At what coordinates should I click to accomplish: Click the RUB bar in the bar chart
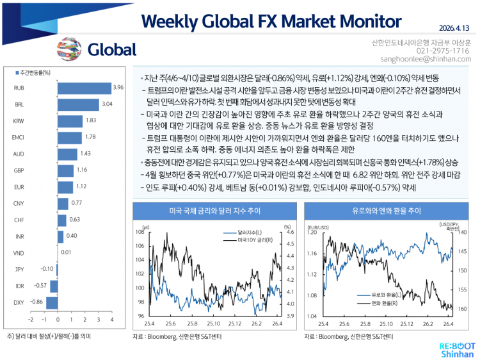coord(84,88)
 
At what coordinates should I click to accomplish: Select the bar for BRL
coord(77,104)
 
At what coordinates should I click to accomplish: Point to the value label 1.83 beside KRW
coord(91,120)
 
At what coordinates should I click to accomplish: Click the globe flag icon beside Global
coord(67,49)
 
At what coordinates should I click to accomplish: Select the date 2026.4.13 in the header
coord(455,28)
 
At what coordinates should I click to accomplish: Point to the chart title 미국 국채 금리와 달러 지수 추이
coord(211,210)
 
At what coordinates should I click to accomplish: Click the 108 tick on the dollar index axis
coord(140,232)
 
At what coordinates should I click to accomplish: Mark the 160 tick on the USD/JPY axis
coord(463,308)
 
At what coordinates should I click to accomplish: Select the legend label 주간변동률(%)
coord(36,73)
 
